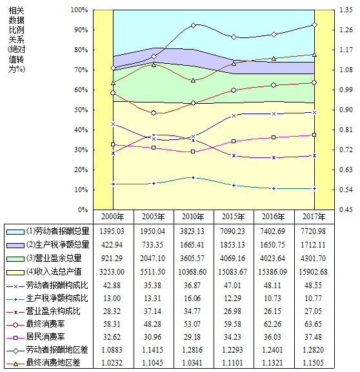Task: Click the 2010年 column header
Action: coord(193,217)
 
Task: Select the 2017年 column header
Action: coord(314,217)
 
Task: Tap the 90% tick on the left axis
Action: coord(79,30)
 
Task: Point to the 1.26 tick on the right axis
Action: coord(346,30)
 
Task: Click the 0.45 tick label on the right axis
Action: coord(346,210)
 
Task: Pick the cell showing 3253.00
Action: coord(112,271)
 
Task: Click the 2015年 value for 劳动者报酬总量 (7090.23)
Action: coord(232,231)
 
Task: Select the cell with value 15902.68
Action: coord(313,271)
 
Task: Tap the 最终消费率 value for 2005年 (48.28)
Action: coord(152,324)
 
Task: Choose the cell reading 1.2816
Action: coord(192,349)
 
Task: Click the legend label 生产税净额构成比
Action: coord(57,299)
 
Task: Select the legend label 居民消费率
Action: coord(45,337)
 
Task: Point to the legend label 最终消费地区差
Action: coord(53,363)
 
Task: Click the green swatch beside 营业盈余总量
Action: coord(15,259)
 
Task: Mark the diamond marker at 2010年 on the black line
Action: coord(194,25)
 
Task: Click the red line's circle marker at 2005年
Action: coord(154,113)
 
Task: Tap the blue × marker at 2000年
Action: coord(114,124)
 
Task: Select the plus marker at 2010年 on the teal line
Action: coord(194,178)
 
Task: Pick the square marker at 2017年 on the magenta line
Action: coord(314,135)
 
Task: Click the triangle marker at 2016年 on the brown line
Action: coord(274,59)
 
